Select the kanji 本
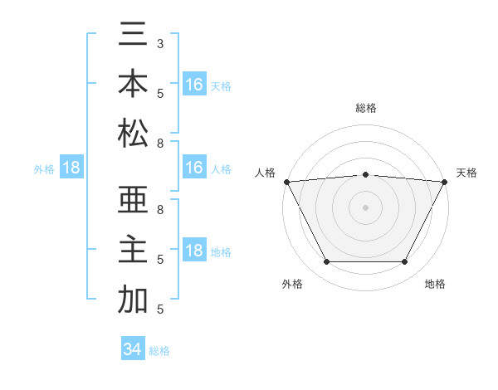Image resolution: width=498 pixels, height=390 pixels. [134, 85]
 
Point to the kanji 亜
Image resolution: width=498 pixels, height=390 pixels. [134, 202]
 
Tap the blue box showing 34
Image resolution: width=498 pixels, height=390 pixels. [132, 349]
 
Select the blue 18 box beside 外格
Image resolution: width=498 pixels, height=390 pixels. [71, 168]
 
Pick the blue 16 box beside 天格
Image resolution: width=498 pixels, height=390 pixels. [193, 85]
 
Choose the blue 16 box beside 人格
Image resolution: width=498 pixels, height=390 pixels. [193, 168]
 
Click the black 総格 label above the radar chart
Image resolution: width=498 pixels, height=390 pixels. [366, 108]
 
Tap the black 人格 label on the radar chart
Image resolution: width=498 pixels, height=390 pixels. [266, 173]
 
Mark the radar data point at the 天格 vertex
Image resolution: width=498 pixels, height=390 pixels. [445, 181]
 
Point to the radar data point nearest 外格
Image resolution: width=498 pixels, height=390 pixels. [326, 262]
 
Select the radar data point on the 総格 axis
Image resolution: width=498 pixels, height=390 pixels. [365, 174]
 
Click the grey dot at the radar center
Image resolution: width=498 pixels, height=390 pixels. [365, 207]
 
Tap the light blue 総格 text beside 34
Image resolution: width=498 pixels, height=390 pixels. [159, 351]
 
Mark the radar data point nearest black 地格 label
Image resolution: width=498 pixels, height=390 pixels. [405, 262]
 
